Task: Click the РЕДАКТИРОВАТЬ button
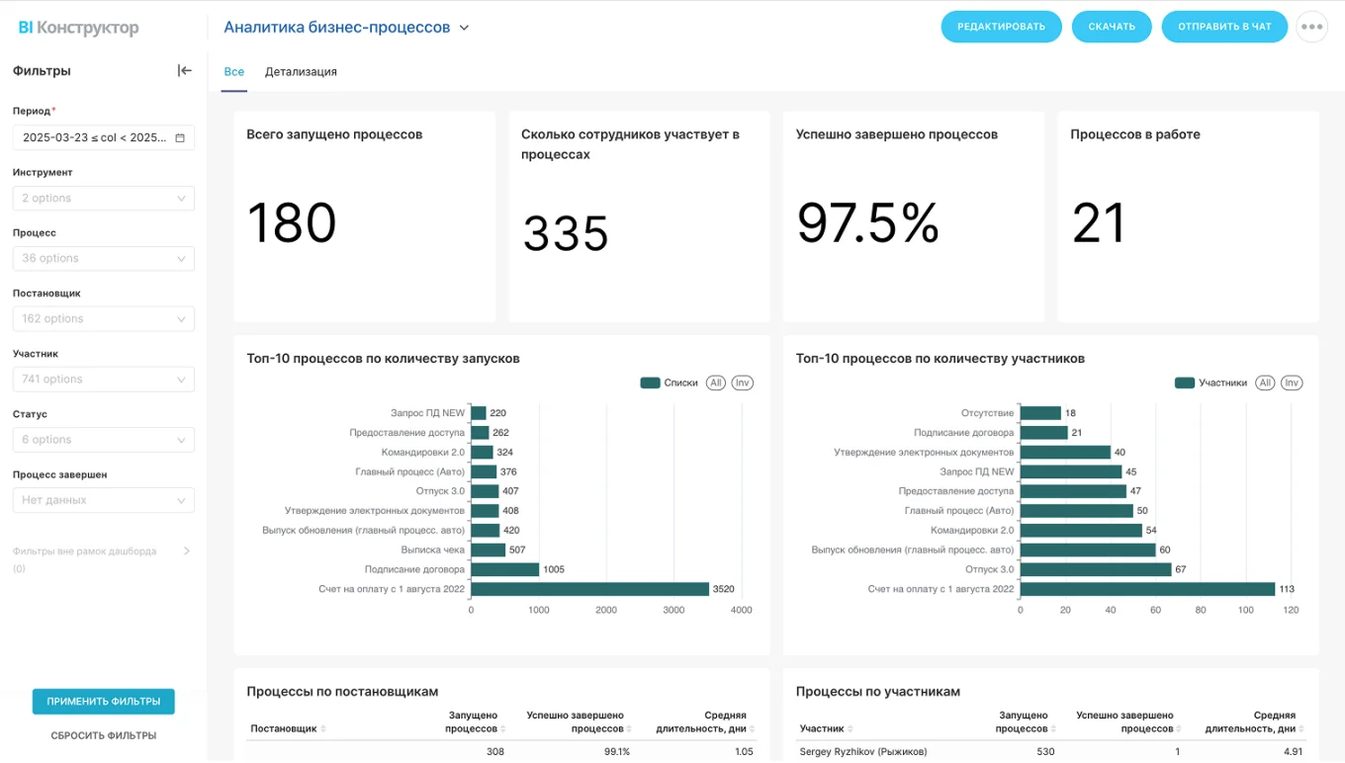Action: (1001, 27)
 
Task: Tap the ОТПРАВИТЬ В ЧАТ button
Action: (1223, 27)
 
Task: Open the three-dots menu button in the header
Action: (1311, 27)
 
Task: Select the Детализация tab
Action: (301, 72)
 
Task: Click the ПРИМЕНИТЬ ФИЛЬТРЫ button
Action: (103, 702)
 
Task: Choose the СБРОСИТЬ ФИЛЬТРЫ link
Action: (103, 735)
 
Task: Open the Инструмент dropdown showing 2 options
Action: (103, 199)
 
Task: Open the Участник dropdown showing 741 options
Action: (103, 380)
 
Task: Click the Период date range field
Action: (103, 138)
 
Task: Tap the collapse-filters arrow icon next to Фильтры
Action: (184, 71)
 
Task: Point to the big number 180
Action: (292, 222)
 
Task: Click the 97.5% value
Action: (867, 222)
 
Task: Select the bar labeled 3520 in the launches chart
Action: (589, 589)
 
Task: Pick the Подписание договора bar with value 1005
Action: (504, 569)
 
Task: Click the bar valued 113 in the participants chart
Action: (1147, 589)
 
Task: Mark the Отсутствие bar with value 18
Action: (1040, 413)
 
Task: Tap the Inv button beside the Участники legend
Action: (1292, 382)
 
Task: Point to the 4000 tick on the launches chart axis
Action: (741, 611)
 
